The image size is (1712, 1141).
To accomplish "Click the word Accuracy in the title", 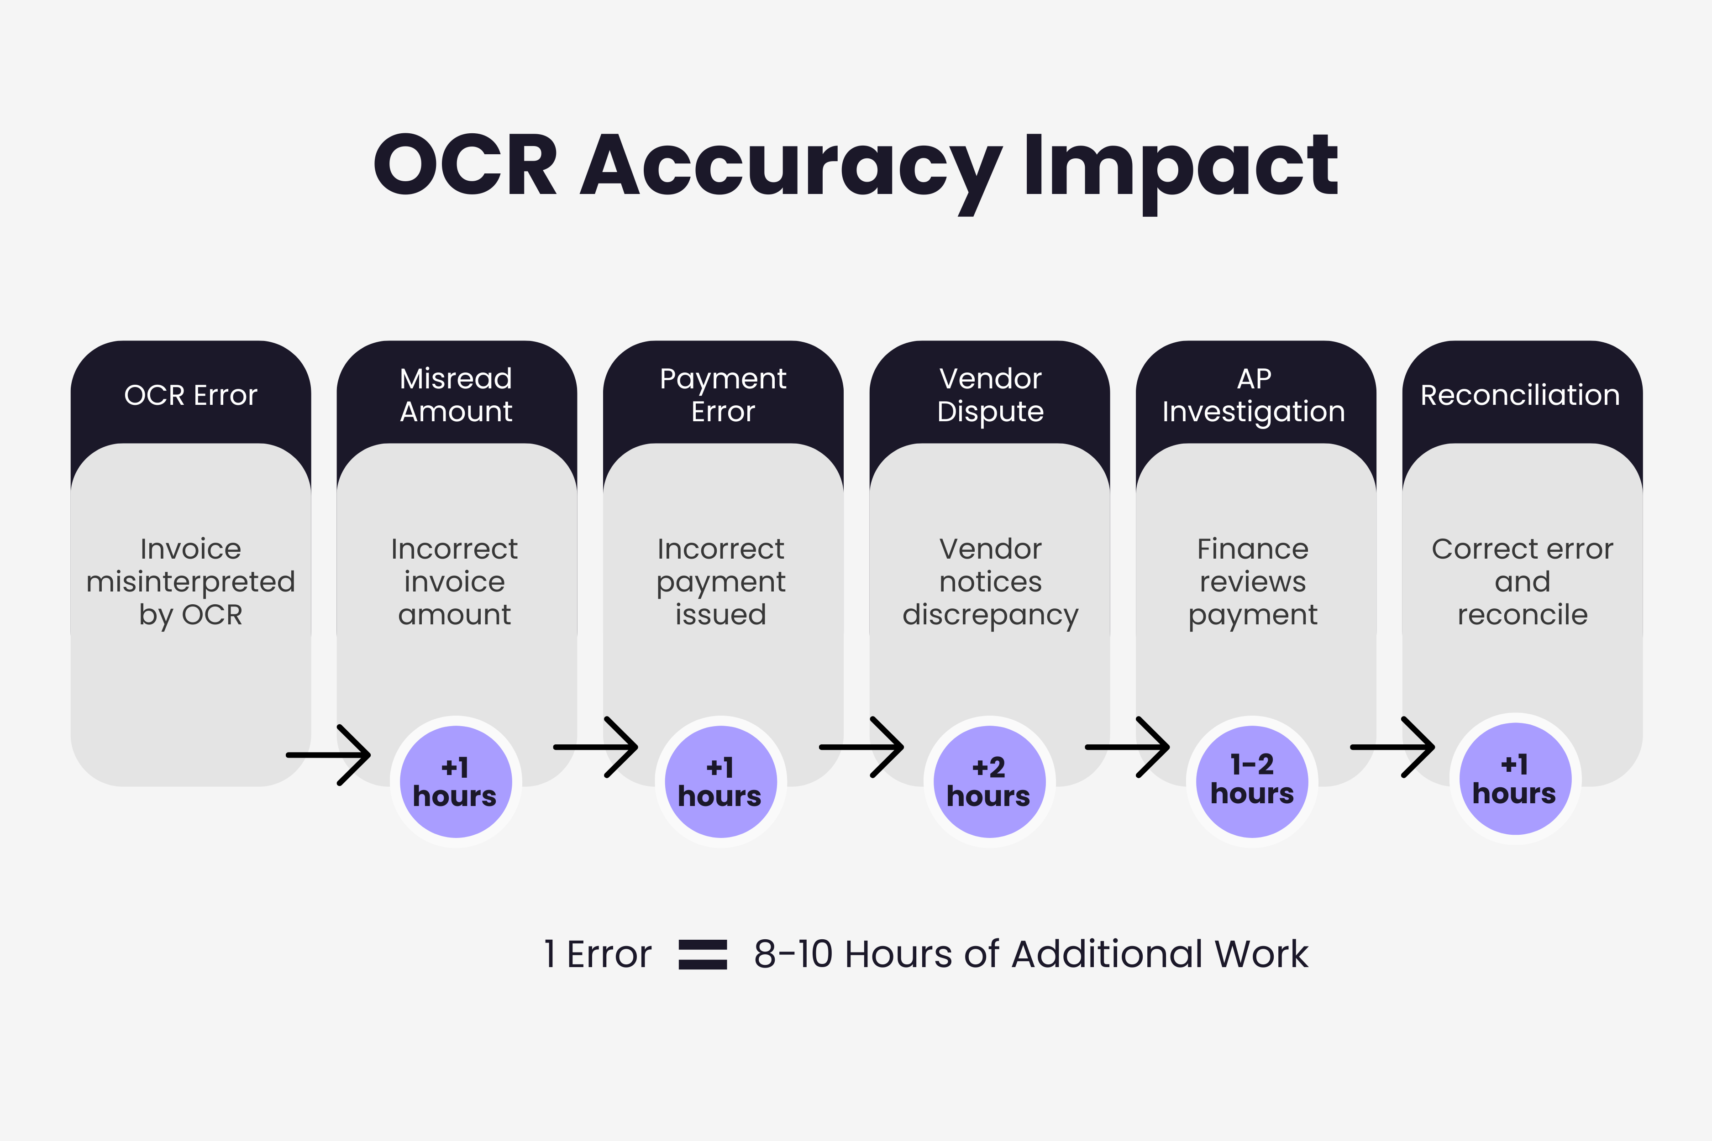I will tap(790, 167).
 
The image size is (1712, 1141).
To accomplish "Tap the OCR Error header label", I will tap(191, 395).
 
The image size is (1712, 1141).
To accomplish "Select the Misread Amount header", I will tap(457, 395).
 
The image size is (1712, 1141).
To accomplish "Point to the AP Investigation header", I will tap(1254, 395).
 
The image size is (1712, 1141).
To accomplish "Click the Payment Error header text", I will tap(723, 395).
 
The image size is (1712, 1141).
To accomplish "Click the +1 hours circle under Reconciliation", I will tap(1515, 779).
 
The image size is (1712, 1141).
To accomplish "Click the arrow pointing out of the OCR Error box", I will tap(329, 754).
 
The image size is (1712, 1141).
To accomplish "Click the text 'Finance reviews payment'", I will tap(1253, 581).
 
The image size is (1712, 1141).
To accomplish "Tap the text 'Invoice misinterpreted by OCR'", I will tap(191, 581).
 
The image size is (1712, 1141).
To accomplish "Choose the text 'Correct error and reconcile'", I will tap(1522, 581).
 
